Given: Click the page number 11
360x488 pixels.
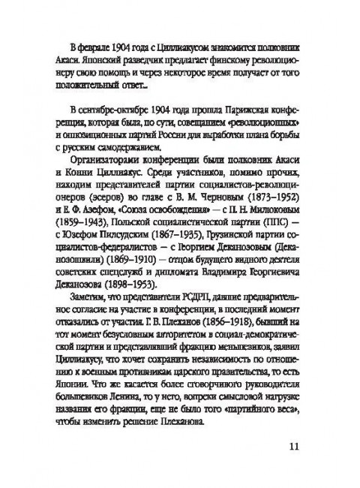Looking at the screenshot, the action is coord(293,446).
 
